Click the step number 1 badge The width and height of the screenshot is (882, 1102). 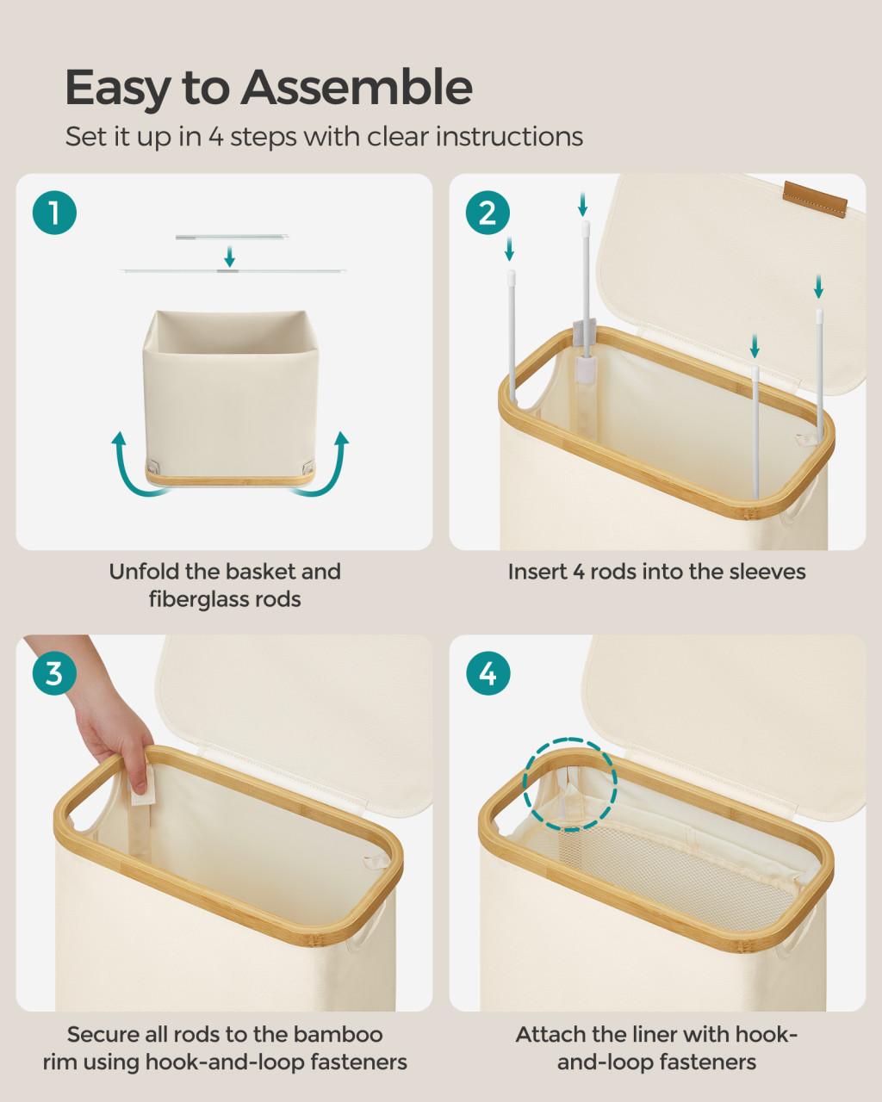click(54, 213)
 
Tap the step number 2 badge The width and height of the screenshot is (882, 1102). click(488, 213)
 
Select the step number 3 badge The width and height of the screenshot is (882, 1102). click(54, 673)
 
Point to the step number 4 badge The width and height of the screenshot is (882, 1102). click(488, 673)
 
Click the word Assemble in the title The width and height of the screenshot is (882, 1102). click(357, 88)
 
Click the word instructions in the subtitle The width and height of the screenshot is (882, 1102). click(509, 137)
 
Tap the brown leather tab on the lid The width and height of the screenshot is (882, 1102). click(815, 199)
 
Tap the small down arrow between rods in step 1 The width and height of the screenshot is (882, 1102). click(230, 256)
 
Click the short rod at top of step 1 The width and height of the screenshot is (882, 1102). click(232, 237)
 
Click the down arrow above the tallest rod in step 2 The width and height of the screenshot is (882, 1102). click(582, 204)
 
